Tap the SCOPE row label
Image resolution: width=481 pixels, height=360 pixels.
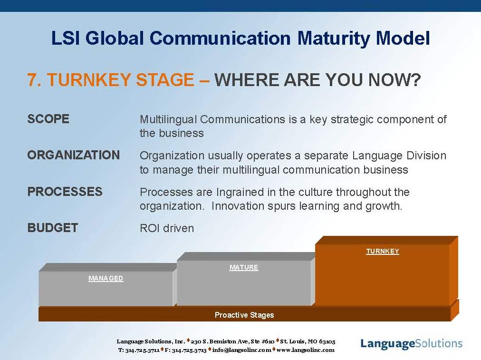tap(48, 119)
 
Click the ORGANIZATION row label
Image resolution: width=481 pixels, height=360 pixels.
tap(74, 156)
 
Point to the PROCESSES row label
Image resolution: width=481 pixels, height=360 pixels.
tap(65, 192)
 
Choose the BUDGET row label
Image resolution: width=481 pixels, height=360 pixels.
tap(53, 228)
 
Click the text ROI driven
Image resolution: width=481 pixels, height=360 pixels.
tap(167, 228)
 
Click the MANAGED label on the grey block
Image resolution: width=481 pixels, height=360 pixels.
tap(106, 278)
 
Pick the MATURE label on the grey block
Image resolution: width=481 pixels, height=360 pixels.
tap(244, 267)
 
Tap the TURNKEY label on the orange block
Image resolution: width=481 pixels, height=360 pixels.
tap(383, 252)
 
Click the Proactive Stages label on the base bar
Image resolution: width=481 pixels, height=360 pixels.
tap(244, 315)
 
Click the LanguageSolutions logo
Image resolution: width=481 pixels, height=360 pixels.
tap(411, 344)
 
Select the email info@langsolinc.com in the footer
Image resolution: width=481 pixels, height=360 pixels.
tap(242, 350)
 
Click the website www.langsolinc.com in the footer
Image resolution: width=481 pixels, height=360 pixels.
tap(306, 350)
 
